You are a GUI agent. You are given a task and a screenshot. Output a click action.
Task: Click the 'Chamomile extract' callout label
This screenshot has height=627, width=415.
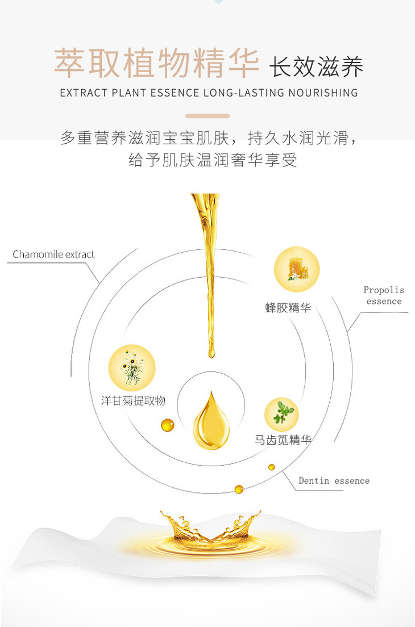coord(53,254)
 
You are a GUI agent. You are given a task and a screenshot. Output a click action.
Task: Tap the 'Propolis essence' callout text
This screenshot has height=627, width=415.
coord(384,295)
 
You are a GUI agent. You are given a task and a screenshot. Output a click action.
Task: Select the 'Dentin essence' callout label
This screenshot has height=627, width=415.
coord(334,480)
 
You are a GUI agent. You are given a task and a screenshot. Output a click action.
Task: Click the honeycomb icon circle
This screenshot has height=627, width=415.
coord(297,269)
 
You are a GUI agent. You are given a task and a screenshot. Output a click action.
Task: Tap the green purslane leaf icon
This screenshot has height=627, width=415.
coord(282,414)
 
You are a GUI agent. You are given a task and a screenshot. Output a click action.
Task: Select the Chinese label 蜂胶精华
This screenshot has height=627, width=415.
coord(288,308)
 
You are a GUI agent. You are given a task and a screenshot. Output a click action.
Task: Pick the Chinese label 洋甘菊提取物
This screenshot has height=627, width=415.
coord(134,400)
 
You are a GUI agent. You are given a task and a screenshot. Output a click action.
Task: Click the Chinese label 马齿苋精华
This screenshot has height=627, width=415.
coord(283,440)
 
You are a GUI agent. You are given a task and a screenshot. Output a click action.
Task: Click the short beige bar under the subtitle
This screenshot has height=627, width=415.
coord(208,116)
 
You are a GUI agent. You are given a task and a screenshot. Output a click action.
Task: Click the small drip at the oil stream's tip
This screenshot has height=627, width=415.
coord(211,352)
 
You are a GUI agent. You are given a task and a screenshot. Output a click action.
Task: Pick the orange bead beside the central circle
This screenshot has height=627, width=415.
coord(167,424)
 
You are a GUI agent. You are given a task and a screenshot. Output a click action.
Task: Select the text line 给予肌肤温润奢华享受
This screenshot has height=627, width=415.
coord(213,161)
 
